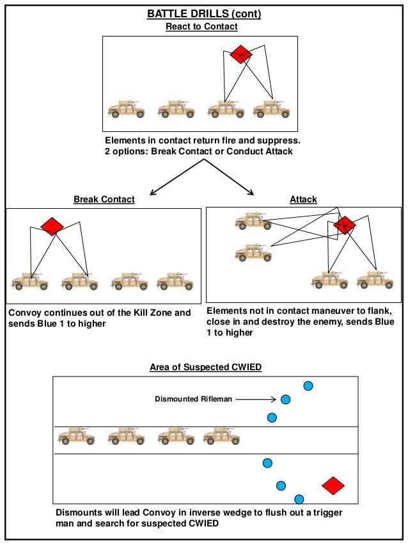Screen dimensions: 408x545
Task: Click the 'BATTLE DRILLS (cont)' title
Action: [204, 14]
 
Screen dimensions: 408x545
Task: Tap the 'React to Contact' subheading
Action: [201, 26]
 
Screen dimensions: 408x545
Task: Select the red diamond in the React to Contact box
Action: [241, 54]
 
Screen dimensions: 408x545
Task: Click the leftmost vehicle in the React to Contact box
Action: [126, 109]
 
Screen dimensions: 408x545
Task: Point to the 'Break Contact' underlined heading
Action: [104, 200]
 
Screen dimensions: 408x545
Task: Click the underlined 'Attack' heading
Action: [304, 200]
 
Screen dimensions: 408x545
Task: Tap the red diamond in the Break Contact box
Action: [52, 226]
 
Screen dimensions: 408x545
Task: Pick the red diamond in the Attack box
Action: [345, 225]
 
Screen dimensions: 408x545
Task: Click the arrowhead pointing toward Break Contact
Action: [153, 193]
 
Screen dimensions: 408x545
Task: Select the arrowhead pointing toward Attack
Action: [251, 192]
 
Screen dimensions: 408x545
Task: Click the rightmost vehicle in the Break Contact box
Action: [175, 282]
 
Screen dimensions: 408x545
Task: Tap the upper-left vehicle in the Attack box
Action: [253, 221]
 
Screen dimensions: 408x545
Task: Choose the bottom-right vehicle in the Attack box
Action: [375, 280]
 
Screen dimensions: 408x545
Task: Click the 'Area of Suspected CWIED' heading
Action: [205, 368]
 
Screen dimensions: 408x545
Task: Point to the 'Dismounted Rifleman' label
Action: [193, 399]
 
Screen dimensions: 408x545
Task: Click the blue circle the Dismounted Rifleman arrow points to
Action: [285, 400]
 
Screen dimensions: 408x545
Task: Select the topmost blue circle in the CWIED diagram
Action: [308, 386]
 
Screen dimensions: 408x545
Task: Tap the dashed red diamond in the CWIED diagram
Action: [333, 485]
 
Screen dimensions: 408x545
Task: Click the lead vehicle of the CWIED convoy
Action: [222, 437]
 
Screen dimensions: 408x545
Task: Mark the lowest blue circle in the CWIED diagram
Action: [299, 500]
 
